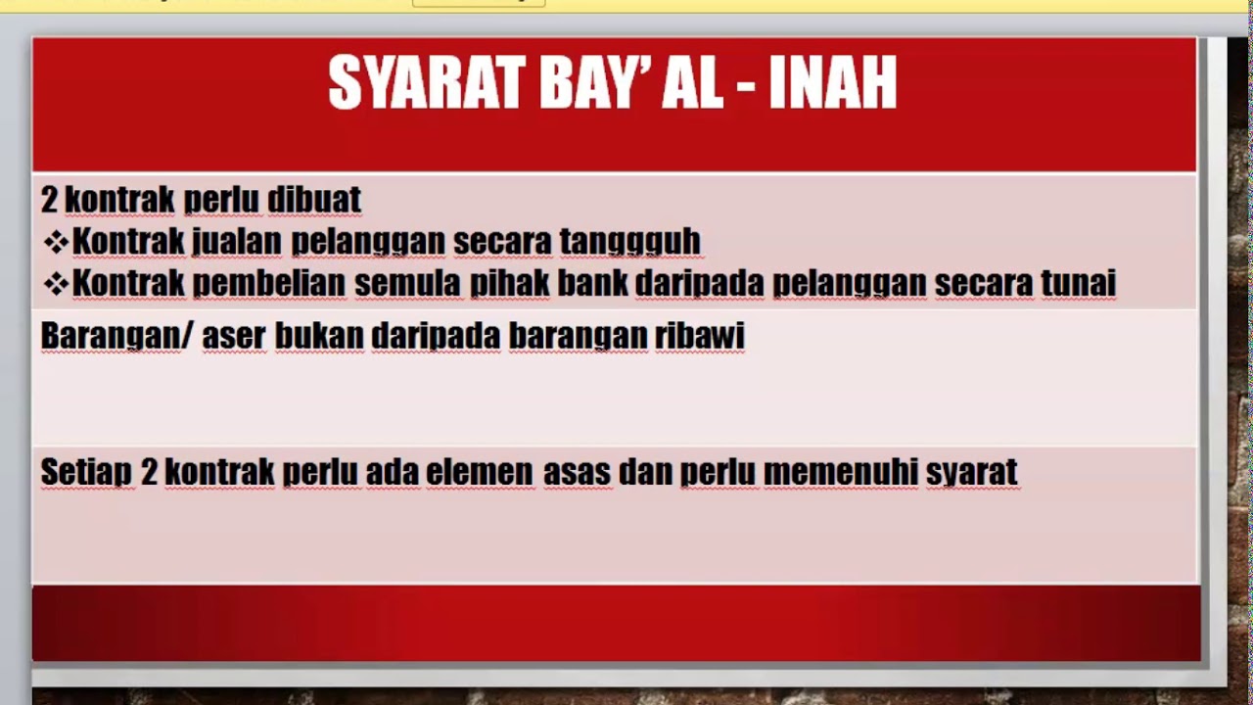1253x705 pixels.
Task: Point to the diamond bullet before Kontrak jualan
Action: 56,241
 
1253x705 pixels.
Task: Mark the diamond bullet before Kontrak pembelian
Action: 56,284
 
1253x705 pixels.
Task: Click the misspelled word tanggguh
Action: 630,241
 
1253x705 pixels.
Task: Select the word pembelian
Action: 269,284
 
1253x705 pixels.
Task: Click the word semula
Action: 407,284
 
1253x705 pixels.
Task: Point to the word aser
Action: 234,336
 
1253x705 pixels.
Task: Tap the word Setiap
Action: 86,472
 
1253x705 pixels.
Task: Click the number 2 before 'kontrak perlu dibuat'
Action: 50,200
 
